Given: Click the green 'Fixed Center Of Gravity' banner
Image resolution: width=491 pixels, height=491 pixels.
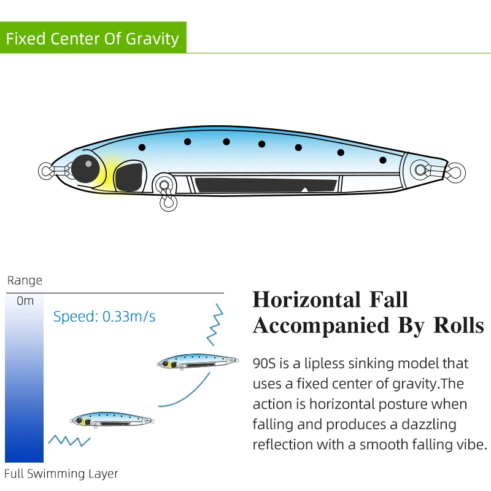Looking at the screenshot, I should (93, 39).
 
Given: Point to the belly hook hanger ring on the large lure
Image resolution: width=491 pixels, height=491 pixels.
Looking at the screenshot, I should (164, 184).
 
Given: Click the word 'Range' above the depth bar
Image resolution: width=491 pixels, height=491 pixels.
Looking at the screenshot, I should (25, 280).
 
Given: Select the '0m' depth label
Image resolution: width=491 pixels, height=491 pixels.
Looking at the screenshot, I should (26, 301).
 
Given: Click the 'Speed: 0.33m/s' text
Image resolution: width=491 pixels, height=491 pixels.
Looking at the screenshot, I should (104, 317).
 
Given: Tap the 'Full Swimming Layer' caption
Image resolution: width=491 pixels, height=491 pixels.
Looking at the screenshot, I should (61, 474).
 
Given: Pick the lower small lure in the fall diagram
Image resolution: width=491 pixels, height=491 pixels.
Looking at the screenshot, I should (112, 419).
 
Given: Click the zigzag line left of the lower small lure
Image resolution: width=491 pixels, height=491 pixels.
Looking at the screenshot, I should (69, 439).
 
